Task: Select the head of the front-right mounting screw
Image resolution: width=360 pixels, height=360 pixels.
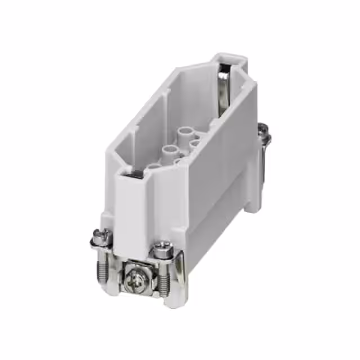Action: [163, 246]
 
